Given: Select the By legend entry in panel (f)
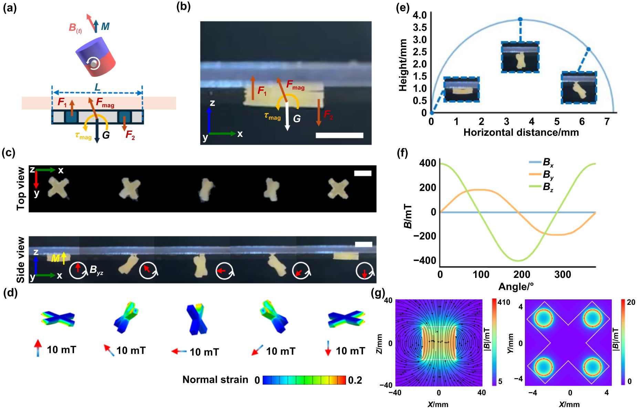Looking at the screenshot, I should (x=548, y=175).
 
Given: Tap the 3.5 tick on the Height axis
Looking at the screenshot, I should (x=419, y=28).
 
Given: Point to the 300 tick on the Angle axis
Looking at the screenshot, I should (x=563, y=274).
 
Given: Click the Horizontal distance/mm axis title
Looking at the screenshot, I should (x=521, y=132).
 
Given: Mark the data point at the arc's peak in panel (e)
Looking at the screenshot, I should (x=520, y=20).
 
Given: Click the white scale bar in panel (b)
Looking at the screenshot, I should (x=339, y=135).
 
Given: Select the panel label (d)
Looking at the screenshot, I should (x=10, y=293).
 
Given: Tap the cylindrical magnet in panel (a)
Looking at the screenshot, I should (x=95, y=57).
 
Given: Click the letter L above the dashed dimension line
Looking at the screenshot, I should (x=97, y=87).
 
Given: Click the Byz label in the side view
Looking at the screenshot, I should (x=96, y=270).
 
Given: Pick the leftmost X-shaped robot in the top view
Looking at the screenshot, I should (x=58, y=187).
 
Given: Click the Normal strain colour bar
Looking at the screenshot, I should (x=304, y=380).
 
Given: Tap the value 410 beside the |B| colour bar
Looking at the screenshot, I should (x=504, y=302).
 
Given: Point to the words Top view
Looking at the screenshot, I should (x=21, y=188).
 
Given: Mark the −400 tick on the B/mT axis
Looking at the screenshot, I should (x=425, y=260).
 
